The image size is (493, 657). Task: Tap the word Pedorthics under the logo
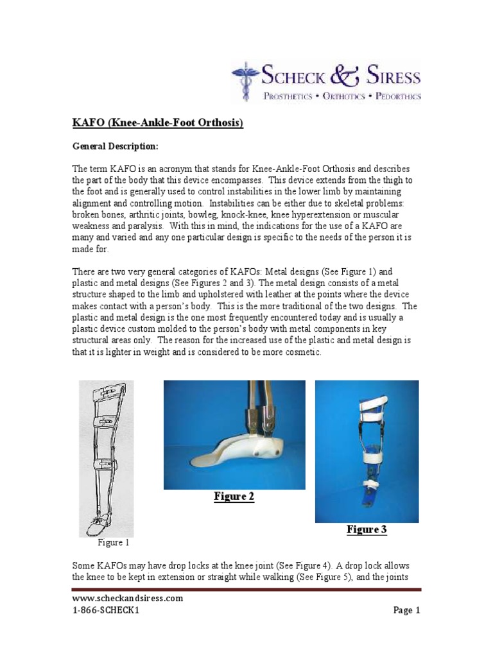click(398, 96)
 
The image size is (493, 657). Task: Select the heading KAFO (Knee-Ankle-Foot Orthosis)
click(158, 123)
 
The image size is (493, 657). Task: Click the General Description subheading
click(116, 146)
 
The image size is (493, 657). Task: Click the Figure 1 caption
click(113, 543)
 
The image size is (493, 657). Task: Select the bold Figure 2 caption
click(234, 497)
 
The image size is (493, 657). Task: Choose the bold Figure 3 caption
click(367, 529)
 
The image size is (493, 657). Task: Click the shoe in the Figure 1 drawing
click(101, 524)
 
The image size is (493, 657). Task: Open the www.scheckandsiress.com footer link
click(128, 598)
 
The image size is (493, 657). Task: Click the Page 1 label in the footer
click(406, 610)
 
